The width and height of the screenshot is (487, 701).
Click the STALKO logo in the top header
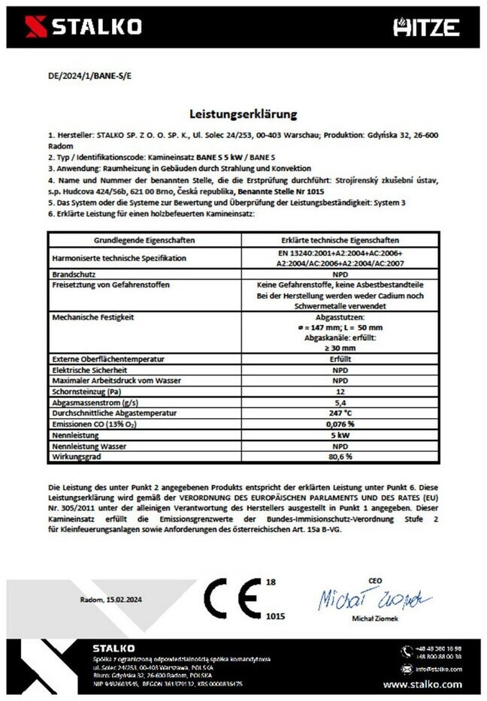[83, 27]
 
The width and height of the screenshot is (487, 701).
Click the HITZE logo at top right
[426, 28]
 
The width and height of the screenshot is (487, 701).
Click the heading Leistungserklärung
[243, 115]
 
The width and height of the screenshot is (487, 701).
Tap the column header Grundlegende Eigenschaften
[145, 240]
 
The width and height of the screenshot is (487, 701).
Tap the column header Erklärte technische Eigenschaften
[340, 240]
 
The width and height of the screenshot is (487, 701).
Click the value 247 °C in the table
[341, 413]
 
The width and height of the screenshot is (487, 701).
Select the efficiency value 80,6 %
[341, 456]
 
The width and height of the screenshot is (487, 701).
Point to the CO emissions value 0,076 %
[341, 423]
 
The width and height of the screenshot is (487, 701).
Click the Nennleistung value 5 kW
[341, 435]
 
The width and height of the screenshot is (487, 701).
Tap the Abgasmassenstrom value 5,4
[341, 402]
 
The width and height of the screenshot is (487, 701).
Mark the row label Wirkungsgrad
[76, 456]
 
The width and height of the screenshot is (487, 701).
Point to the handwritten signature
[374, 599]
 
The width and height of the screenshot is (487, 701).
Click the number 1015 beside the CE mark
[275, 615]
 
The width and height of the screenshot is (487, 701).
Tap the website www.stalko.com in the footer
[422, 684]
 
